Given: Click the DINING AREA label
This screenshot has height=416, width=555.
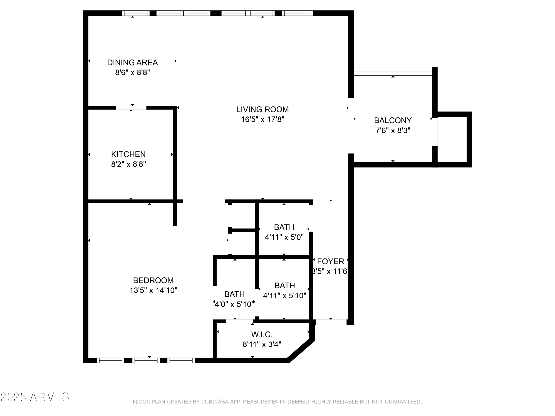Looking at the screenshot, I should pos(132,62).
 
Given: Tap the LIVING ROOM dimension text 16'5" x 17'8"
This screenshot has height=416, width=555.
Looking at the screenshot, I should pos(263,119).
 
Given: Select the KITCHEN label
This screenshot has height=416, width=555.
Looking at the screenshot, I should pos(128,154).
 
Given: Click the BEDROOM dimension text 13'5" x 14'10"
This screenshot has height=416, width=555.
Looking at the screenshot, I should pos(153,290).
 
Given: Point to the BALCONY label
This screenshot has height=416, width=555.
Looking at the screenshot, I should pos(393,120).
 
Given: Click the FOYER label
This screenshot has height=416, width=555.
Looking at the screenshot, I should pos(330,262).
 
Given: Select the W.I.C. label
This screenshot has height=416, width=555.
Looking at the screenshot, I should pos(262,334).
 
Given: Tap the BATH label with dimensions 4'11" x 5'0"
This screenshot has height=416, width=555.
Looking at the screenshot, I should pos(284,227).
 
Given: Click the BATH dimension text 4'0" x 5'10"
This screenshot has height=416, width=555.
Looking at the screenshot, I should pos(234,304).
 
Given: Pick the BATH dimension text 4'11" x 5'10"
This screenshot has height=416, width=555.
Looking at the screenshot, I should pos(285,296).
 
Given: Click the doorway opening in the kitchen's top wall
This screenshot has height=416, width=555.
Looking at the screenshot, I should pos(131,108).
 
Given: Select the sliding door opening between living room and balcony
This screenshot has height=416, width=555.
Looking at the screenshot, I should pos(351,125).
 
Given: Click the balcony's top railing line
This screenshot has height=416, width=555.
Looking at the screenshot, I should pos(393,73).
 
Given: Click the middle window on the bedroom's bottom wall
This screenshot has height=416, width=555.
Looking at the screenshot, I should pos(146,360).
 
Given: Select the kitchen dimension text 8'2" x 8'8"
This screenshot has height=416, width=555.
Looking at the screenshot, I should pos(128,164).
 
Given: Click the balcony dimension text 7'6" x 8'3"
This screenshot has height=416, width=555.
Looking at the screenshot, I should pos(393,130).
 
